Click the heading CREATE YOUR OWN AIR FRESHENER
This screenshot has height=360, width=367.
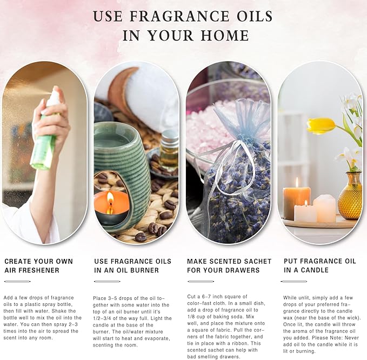pos(38,265)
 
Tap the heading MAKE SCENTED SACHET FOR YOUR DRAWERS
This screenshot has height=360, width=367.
pos(223,265)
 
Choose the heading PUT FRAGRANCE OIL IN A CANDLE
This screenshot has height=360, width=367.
pos(319,265)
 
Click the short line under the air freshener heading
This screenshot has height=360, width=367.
pos(17,281)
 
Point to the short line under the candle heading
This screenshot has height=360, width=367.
pos(294,281)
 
